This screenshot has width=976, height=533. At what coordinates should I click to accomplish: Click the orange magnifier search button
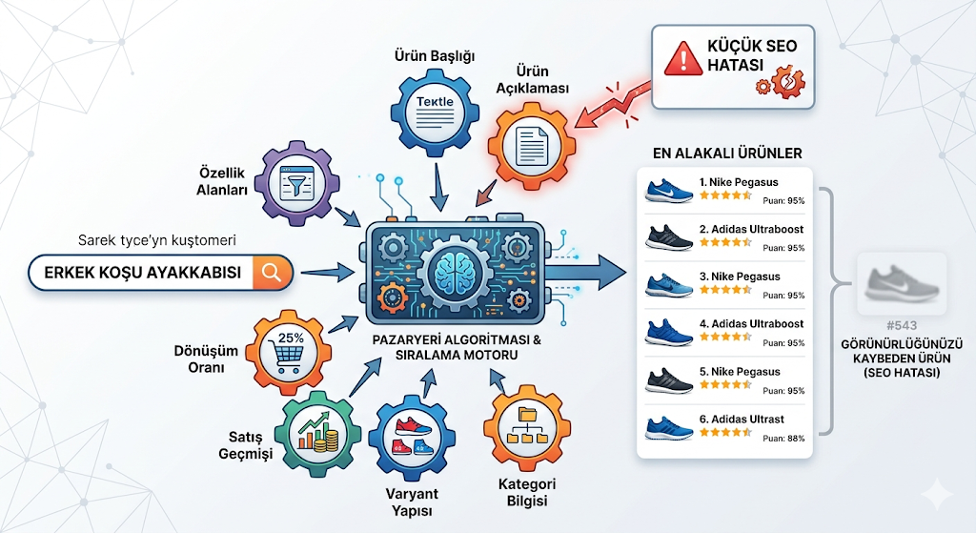point(272,272)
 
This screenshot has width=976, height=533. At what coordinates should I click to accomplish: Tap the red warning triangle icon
point(683,59)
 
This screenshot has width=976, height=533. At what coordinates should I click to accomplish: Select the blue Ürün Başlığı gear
point(435,113)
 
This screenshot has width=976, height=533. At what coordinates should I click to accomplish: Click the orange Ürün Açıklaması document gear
point(532,147)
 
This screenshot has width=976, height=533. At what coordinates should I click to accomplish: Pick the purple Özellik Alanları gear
point(297,183)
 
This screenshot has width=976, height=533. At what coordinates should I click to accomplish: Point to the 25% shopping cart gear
point(288,353)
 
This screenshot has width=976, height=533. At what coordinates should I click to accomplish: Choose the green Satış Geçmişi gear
point(317,434)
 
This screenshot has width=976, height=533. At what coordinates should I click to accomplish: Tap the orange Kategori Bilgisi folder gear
point(527,428)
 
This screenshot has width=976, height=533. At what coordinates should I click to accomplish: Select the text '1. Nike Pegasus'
point(739,182)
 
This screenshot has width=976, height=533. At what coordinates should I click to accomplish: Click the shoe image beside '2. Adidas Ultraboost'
point(669,237)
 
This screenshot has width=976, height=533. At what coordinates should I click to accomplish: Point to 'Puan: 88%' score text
point(783,439)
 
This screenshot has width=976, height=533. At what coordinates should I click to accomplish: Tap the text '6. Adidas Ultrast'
point(742,419)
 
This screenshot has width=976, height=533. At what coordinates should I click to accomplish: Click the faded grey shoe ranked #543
point(902,283)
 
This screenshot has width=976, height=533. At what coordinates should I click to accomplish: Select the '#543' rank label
point(902,325)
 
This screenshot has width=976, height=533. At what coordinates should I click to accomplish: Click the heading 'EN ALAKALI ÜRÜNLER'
point(727,154)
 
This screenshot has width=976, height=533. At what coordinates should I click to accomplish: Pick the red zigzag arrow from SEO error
point(613,104)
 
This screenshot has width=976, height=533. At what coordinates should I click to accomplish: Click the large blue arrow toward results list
point(586,272)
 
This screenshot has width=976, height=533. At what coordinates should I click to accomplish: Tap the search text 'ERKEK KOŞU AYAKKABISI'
point(143,273)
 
